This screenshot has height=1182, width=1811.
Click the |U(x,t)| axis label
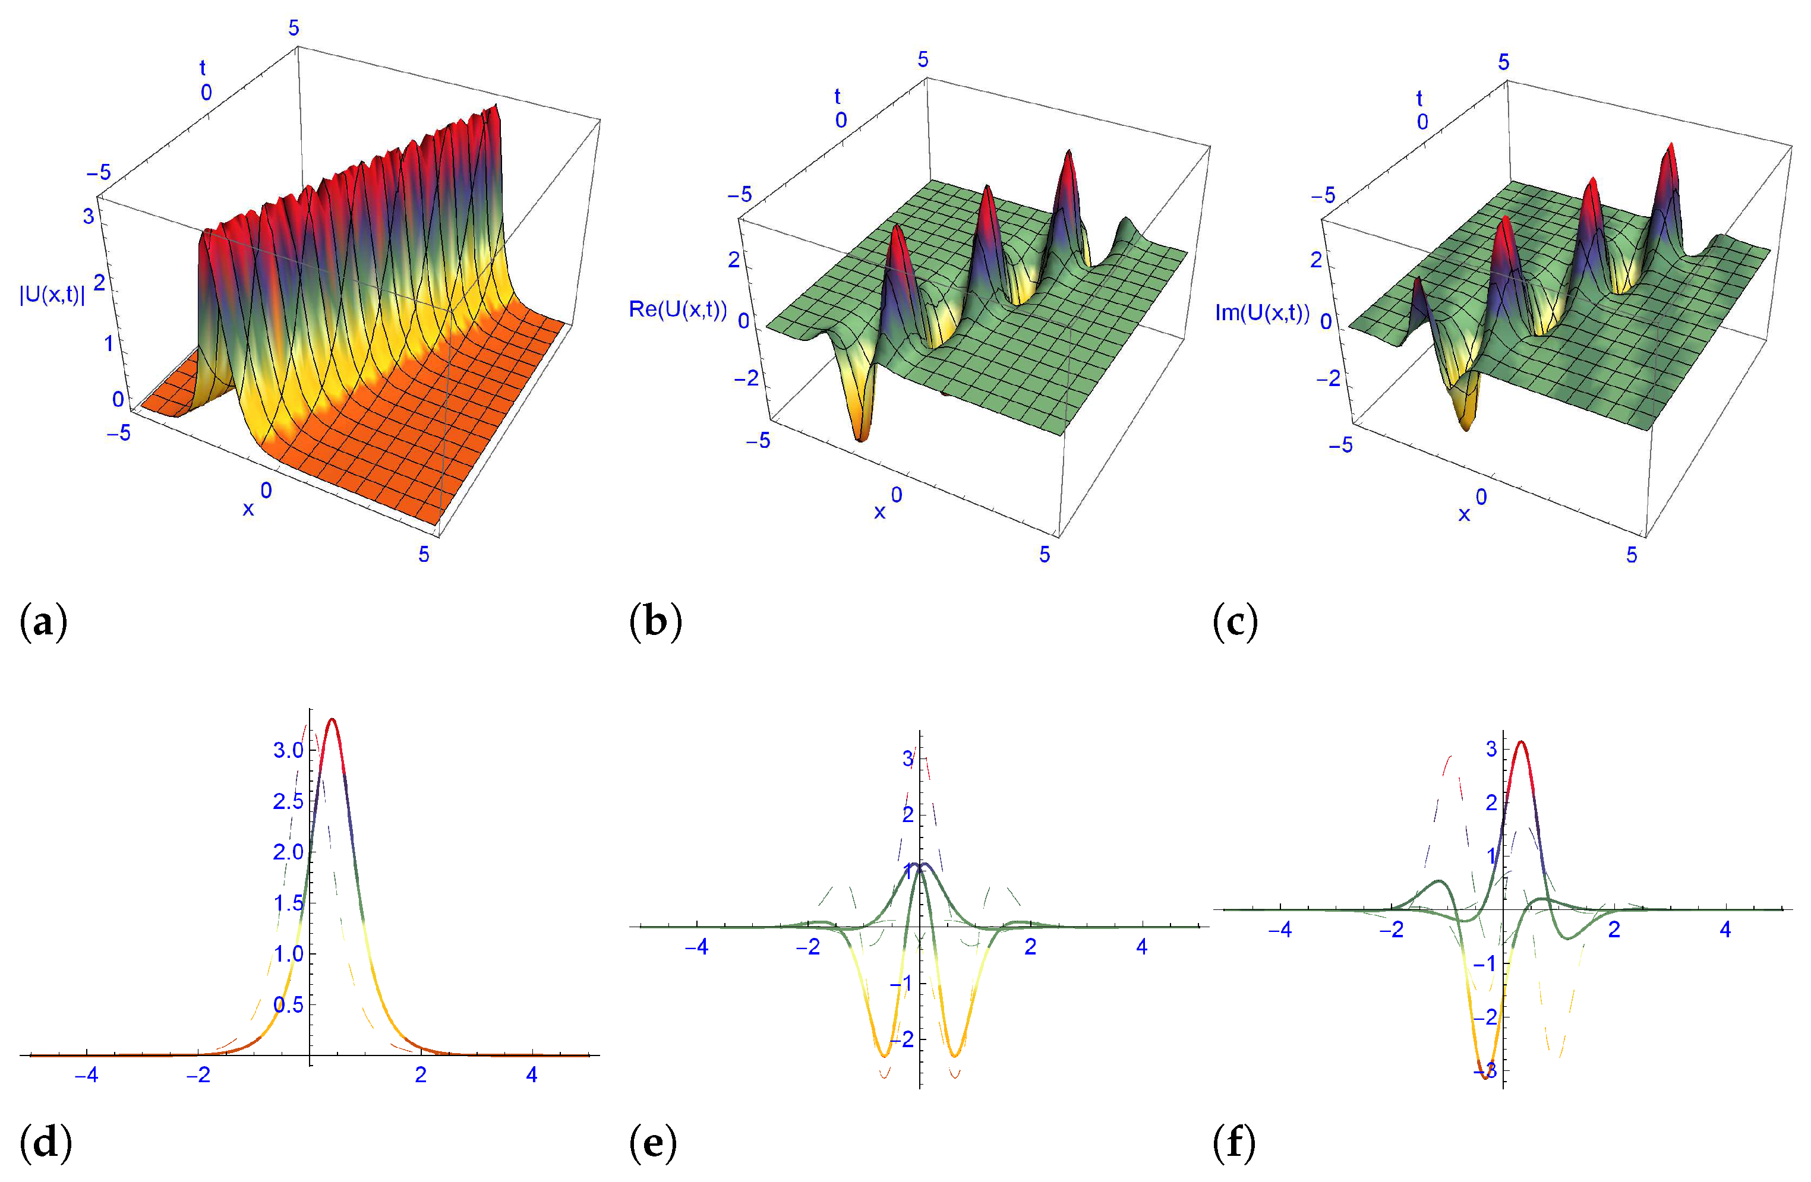pyautogui.click(x=52, y=295)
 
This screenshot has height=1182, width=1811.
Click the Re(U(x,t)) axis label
pyautogui.click(x=677, y=309)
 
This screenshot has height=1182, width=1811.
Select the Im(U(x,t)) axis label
pyautogui.click(x=1261, y=312)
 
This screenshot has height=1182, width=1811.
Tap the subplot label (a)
pyautogui.click(x=43, y=622)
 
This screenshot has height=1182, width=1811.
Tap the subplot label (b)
pyautogui.click(x=655, y=622)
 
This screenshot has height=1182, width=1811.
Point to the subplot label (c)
pyautogui.click(x=1235, y=622)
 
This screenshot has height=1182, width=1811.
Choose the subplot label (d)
pyautogui.click(x=46, y=1142)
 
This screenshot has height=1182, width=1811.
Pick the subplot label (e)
pyautogui.click(x=653, y=1142)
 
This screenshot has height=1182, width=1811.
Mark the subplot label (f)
pyautogui.click(x=1233, y=1142)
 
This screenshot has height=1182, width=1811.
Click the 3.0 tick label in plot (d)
pyautogui.click(x=288, y=750)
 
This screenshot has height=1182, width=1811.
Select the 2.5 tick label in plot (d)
pyautogui.click(x=288, y=801)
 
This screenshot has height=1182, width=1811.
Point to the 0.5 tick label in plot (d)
pyautogui.click(x=288, y=1005)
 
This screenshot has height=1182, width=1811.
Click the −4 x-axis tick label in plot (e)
pyautogui.click(x=696, y=947)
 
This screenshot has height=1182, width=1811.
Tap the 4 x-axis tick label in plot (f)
pyautogui.click(x=1725, y=930)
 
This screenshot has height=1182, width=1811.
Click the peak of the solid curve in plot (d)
pyautogui.click(x=332, y=719)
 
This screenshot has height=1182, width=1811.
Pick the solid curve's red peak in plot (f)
pyautogui.click(x=1520, y=742)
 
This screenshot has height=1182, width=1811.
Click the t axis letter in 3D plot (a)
pyautogui.click(x=203, y=68)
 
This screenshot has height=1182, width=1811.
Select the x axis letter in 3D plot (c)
pyautogui.click(x=1463, y=515)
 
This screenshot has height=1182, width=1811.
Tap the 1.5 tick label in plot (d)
pyautogui.click(x=288, y=903)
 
